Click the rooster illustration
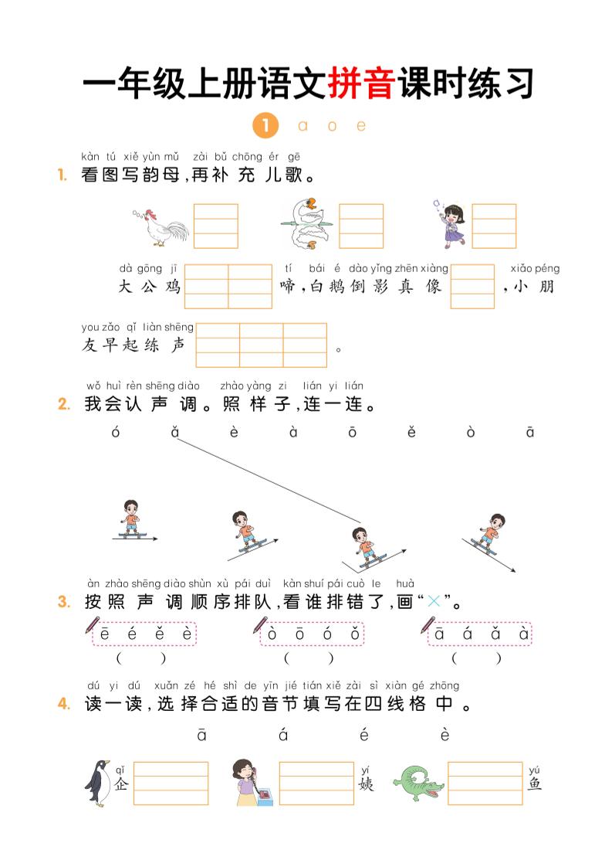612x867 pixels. point(161,226)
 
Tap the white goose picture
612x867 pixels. point(304,224)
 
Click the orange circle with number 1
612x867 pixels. point(265,125)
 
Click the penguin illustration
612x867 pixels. point(98,782)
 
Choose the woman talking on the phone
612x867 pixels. point(250,782)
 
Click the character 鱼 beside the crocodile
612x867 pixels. point(535,784)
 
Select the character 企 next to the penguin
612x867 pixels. point(120,784)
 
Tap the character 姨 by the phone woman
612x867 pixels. point(366,784)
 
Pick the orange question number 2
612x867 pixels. point(64,404)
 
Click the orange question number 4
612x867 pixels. point(64,704)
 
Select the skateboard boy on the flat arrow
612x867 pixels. point(132,519)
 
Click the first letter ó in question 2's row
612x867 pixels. point(116,433)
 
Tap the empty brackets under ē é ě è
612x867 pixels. point(141,658)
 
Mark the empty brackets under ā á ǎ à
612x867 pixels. point(476,658)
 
